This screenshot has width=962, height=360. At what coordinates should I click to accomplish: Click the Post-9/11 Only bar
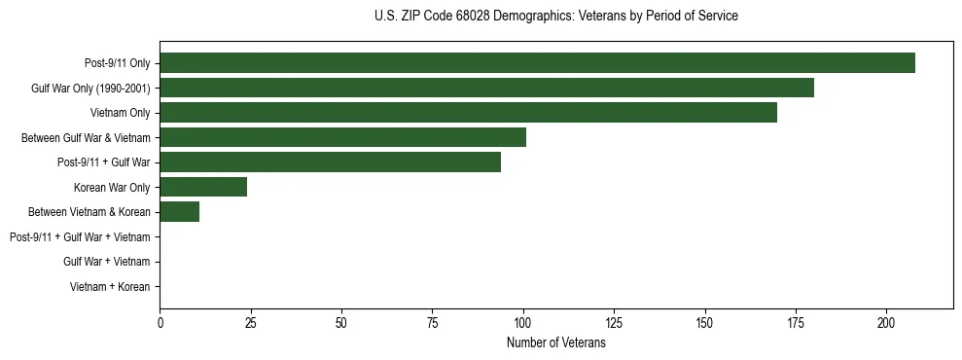pyautogui.click(x=537, y=63)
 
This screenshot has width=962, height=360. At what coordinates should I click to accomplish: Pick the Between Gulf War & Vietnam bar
pyautogui.click(x=342, y=137)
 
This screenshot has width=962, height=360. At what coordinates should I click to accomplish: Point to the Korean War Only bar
pyautogui.click(x=203, y=187)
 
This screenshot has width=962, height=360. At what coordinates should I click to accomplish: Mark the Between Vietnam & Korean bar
pyautogui.click(x=179, y=212)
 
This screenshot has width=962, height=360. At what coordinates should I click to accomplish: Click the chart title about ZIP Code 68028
pyautogui.click(x=555, y=17)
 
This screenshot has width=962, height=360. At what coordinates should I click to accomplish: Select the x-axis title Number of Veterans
pyautogui.click(x=555, y=343)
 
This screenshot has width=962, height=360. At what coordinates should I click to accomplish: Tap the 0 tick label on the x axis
pyautogui.click(x=160, y=322)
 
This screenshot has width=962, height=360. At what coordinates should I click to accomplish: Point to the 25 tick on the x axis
pyautogui.click(x=251, y=322)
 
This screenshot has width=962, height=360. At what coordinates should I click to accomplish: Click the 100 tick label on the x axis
pyautogui.click(x=523, y=322)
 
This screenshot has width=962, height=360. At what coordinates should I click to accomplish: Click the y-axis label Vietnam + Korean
pyautogui.click(x=110, y=287)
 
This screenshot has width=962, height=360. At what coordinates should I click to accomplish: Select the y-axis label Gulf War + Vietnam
pyautogui.click(x=106, y=262)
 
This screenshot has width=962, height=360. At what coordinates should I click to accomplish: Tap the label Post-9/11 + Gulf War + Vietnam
pyautogui.click(x=80, y=237)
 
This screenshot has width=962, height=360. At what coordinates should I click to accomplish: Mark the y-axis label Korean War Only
pyautogui.click(x=112, y=187)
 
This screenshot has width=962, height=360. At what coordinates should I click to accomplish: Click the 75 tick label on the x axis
pyautogui.click(x=432, y=322)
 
